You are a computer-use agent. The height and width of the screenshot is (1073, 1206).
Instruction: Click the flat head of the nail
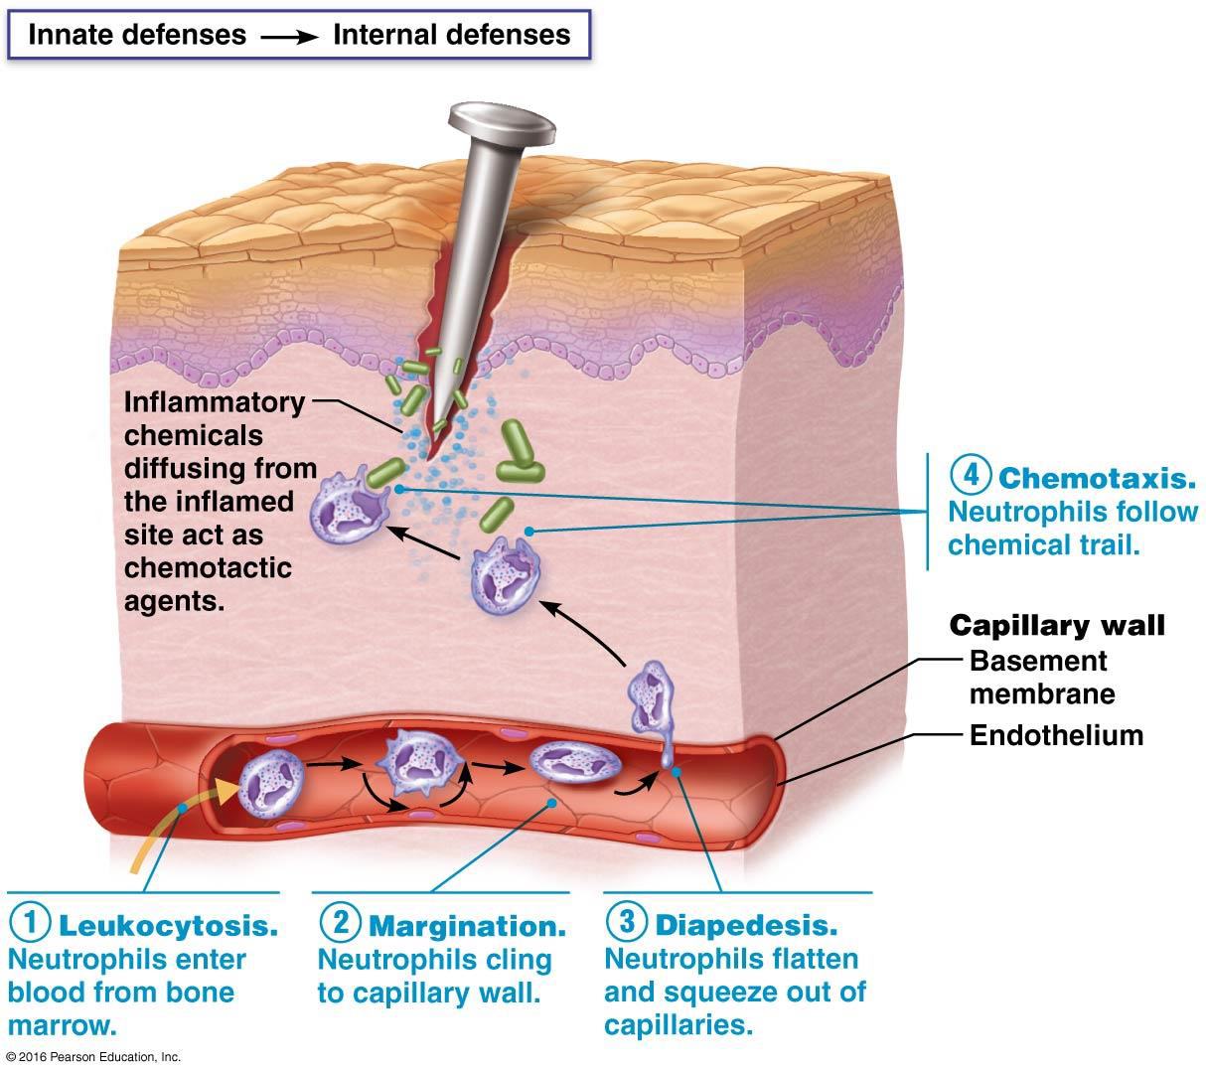501,122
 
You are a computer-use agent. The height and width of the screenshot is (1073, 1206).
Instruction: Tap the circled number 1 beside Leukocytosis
30,923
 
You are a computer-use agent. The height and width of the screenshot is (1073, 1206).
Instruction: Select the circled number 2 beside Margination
340,923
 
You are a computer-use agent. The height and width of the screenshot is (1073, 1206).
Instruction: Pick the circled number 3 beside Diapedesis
626,922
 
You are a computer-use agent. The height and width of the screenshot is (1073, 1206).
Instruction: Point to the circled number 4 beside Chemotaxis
971,475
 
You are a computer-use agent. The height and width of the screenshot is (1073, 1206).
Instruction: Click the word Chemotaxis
1096,478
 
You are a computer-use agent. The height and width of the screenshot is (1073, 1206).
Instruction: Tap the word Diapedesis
746,925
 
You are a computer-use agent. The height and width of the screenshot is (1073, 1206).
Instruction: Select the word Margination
467,926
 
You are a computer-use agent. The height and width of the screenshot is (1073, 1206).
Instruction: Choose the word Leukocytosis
168,926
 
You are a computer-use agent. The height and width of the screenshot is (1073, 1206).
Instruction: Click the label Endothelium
1056,735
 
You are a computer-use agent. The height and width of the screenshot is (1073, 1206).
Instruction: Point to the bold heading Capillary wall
1057,625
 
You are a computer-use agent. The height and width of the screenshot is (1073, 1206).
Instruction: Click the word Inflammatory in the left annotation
215,402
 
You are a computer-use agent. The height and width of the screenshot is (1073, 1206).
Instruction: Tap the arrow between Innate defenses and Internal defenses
289,37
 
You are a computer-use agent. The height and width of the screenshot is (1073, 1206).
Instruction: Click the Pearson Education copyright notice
91,1057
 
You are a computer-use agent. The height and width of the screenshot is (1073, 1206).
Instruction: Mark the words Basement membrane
1041,677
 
